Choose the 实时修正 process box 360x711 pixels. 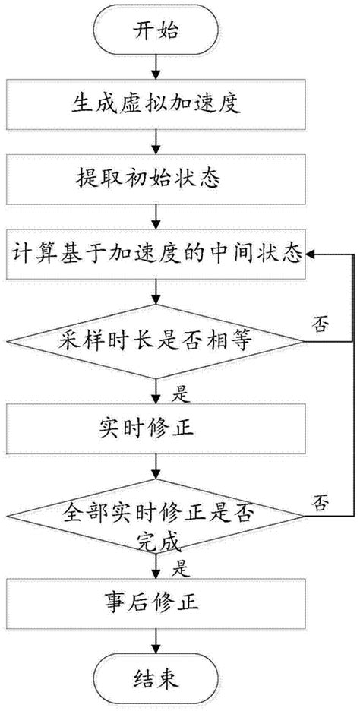tap(156, 428)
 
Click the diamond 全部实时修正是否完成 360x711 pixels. tap(156, 519)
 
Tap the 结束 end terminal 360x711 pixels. tap(156, 676)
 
